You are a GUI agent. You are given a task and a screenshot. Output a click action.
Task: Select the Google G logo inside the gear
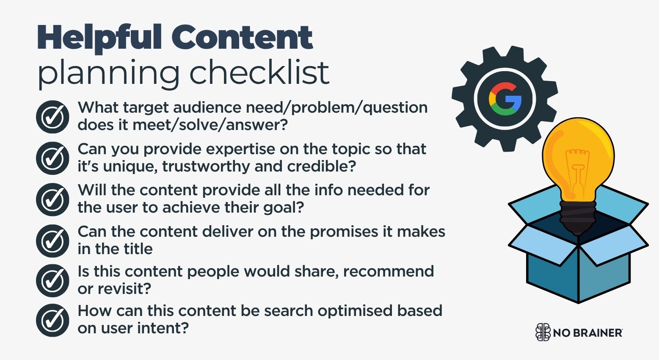click(x=505, y=99)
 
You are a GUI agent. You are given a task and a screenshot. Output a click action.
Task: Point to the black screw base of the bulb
click(x=578, y=216)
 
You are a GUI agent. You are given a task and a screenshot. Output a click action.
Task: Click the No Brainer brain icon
click(x=543, y=332)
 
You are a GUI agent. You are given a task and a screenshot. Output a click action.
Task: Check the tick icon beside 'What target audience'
click(x=52, y=117)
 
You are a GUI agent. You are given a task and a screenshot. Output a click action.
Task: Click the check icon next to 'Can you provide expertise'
click(x=52, y=158)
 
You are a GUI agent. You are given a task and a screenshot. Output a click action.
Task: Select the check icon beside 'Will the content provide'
click(x=52, y=199)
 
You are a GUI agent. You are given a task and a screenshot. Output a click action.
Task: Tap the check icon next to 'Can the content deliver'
click(x=52, y=241)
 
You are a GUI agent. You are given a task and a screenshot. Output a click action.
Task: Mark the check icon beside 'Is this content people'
click(x=52, y=280)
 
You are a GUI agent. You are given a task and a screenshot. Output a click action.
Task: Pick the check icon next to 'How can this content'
click(x=52, y=320)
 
